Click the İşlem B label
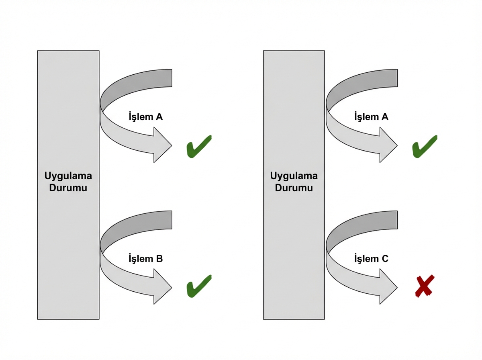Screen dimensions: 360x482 tap(145, 259)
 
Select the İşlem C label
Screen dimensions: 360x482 tap(371, 259)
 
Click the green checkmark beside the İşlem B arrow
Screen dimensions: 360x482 tap(198, 286)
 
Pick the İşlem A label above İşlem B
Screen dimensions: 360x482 tap(145, 117)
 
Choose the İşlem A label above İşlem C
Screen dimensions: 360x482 tap(371, 117)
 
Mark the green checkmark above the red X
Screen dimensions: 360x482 tap(424, 146)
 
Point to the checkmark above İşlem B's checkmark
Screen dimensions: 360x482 tap(198, 146)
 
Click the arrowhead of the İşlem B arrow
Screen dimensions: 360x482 tap(162, 286)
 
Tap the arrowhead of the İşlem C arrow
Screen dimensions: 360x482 tap(388, 286)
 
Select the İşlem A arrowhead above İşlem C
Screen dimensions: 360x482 tap(388, 145)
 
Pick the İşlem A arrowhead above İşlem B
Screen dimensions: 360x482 tap(162, 145)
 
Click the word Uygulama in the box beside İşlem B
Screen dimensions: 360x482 tap(68, 176)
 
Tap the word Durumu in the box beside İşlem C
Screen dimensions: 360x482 tap(294, 188)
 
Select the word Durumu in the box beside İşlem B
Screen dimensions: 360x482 tap(68, 188)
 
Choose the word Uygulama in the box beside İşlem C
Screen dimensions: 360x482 tap(294, 176)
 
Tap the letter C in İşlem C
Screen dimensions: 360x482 tap(385, 259)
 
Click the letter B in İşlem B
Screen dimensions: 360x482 tap(159, 259)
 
